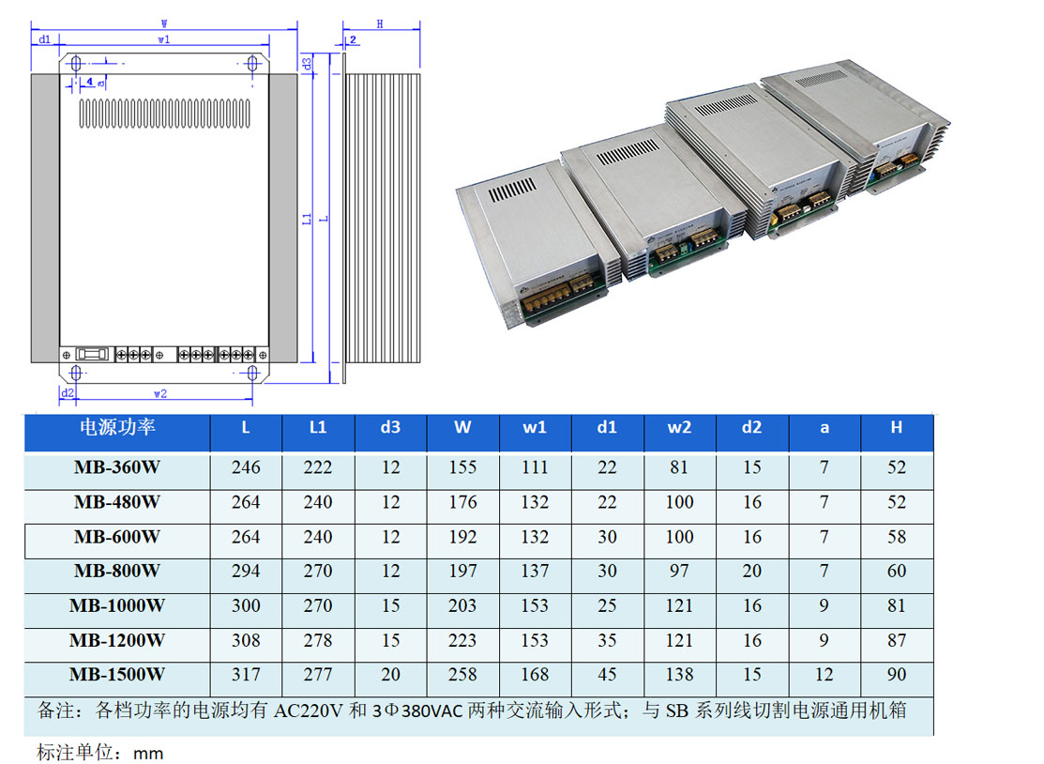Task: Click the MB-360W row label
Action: click(117, 467)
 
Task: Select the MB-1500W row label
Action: click(117, 675)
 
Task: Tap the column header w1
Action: click(535, 428)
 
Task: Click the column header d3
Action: click(390, 428)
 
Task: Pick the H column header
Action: click(896, 428)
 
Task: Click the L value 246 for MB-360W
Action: click(246, 467)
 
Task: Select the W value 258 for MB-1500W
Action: click(462, 675)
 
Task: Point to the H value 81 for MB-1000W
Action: click(897, 606)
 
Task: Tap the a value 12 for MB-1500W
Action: click(824, 675)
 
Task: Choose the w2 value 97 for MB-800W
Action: click(679, 572)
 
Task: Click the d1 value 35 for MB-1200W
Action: click(607, 641)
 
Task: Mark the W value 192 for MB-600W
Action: click(462, 537)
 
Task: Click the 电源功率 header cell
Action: click(117, 428)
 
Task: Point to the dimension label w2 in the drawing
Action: click(160, 392)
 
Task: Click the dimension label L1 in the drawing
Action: click(309, 219)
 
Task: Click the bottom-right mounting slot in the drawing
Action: click(253, 374)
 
